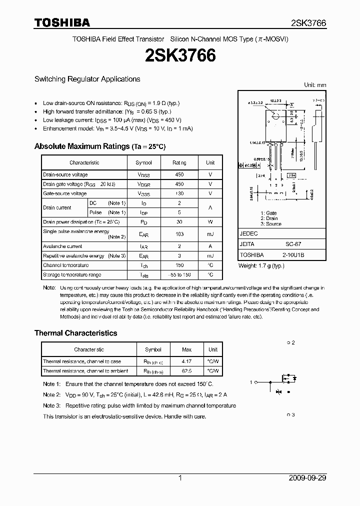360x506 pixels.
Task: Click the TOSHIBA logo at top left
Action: click(62, 22)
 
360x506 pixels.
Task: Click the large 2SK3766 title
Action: click(180, 56)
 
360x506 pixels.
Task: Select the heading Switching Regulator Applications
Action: click(87, 79)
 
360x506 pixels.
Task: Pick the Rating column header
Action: click(179, 162)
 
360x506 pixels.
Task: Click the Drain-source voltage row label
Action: click(65, 174)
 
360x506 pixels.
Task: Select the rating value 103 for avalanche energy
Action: click(179, 234)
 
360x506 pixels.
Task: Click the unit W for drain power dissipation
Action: click(210, 221)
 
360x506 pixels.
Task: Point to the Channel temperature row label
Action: click(66, 265)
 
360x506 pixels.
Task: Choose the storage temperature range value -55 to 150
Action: click(179, 274)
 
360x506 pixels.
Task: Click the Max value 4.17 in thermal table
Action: click(186, 361)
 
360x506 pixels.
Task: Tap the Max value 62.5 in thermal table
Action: click(186, 371)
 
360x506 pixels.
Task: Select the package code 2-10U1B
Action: click(294, 255)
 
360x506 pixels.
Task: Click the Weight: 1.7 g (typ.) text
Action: click(261, 265)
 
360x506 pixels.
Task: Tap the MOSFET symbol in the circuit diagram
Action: click(285, 382)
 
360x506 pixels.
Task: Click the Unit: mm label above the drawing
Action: click(315, 85)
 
